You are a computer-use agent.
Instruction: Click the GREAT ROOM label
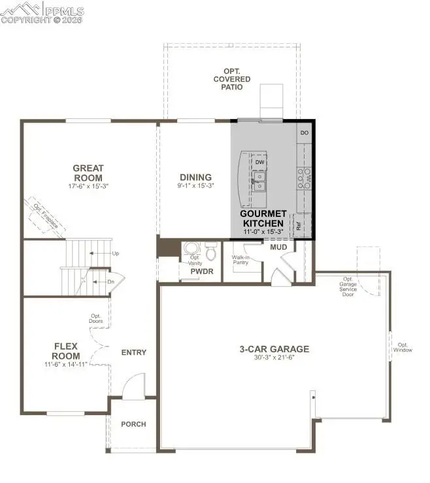[88, 173]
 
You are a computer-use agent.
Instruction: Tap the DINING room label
[196, 177]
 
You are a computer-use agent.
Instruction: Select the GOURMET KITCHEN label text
[263, 218]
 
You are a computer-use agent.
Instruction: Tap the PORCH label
[133, 424]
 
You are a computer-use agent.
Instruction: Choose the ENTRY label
[133, 352]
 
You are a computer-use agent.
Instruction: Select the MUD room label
[279, 246]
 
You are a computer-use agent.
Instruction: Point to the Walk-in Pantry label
[241, 260]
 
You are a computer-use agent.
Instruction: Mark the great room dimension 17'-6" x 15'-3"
[88, 186]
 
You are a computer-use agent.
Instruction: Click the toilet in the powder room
[211, 251]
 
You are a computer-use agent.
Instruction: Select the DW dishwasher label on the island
[259, 162]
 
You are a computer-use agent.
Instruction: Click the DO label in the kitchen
[304, 133]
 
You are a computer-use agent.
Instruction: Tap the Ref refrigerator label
[299, 227]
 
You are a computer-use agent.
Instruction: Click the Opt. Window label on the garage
[403, 347]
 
